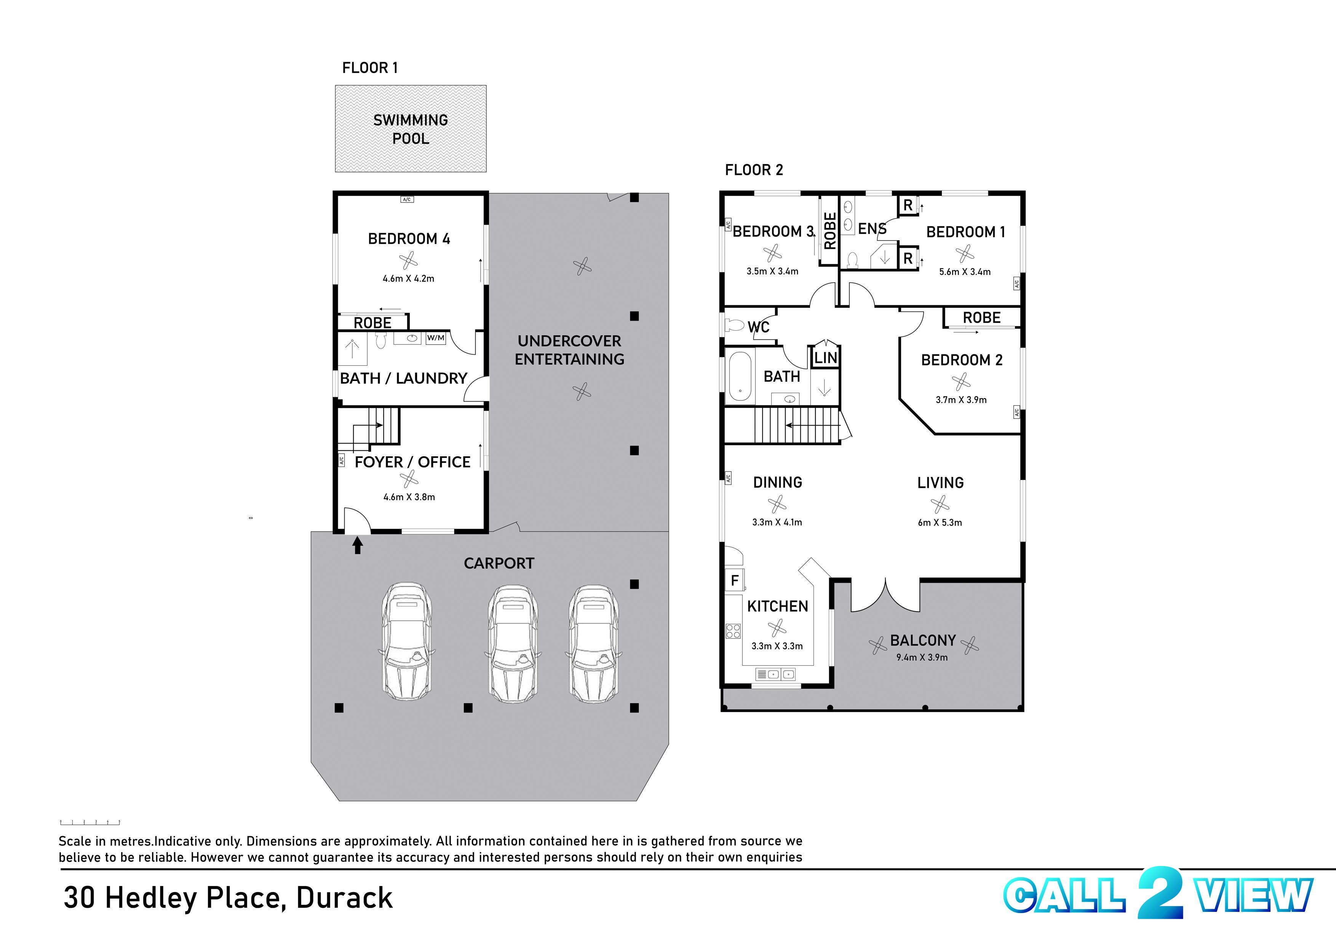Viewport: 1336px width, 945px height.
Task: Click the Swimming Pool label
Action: (411, 129)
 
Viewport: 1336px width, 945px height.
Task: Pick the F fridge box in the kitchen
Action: (735, 580)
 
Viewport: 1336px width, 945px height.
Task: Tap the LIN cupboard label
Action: (825, 357)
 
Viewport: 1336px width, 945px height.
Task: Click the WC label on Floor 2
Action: (759, 327)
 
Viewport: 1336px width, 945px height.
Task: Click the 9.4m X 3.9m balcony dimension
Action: (922, 658)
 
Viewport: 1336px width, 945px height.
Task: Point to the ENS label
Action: (871, 229)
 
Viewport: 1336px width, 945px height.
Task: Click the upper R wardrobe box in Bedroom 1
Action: (908, 206)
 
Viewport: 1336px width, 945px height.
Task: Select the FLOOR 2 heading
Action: (754, 170)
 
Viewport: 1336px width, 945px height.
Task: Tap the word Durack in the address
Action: (345, 897)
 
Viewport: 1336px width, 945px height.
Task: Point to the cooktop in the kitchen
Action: (733, 631)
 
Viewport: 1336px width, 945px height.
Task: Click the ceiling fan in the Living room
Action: (940, 504)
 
